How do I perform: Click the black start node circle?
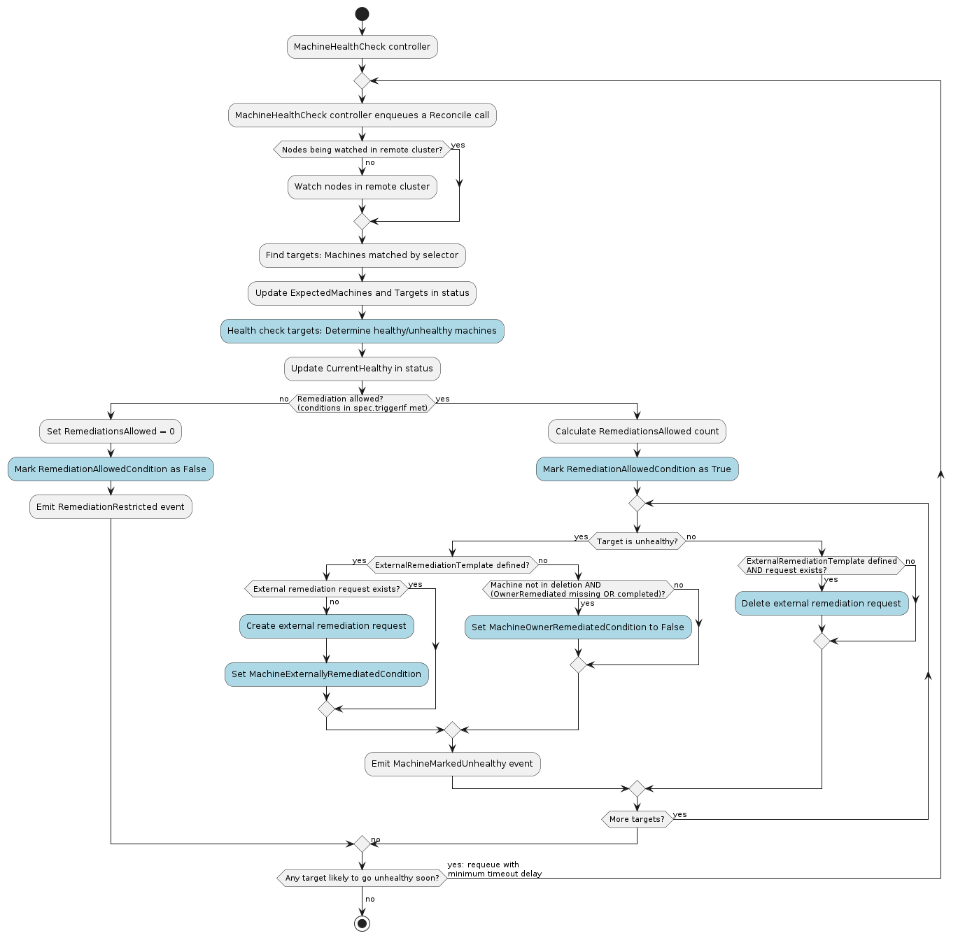[x=362, y=14]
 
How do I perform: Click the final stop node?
[x=362, y=923]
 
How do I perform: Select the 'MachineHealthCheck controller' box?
[x=362, y=47]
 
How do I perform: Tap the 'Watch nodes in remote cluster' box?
[x=362, y=187]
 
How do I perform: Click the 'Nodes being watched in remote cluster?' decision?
[x=362, y=150]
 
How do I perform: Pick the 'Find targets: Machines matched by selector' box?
[x=362, y=255]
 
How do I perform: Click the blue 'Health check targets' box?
[x=362, y=331]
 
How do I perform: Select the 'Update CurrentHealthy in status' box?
[x=362, y=369]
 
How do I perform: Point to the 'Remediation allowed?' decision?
[x=362, y=404]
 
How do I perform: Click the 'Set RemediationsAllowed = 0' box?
[x=111, y=432]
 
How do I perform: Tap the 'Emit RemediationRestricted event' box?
[x=111, y=507]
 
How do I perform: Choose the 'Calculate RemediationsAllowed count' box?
[x=637, y=432]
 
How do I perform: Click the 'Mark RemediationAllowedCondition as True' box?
[x=637, y=469]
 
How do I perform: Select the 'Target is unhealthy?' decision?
[x=637, y=541]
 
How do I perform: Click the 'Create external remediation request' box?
[x=326, y=626]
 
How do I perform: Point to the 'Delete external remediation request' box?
[x=822, y=604]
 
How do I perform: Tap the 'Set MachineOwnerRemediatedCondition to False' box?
[x=578, y=627]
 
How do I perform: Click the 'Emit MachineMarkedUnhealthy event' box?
[x=452, y=764]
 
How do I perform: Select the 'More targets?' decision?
[x=637, y=819]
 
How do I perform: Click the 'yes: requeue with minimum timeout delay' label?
[x=494, y=869]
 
